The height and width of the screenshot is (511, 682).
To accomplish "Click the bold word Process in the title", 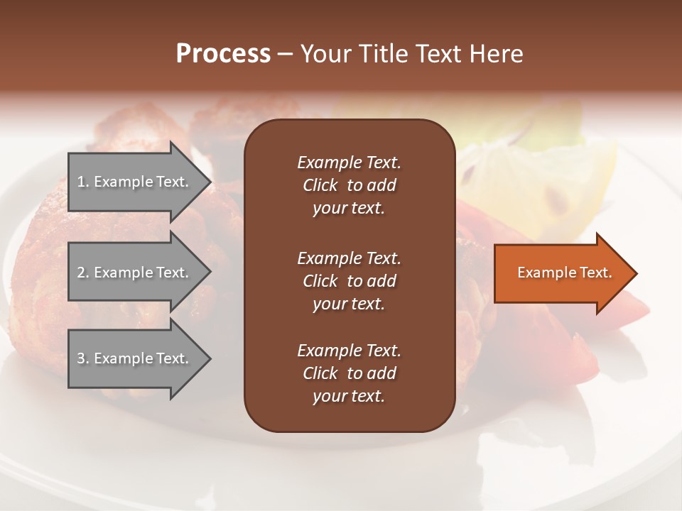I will click(223, 54).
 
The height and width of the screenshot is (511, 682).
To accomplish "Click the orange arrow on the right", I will click(561, 273).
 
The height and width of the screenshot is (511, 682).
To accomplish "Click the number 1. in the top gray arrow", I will click(82, 182).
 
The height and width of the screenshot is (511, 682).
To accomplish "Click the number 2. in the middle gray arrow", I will click(82, 273).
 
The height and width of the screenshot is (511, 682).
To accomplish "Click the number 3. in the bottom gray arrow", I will click(82, 358).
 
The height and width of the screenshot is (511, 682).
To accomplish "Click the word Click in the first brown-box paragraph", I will click(320, 185).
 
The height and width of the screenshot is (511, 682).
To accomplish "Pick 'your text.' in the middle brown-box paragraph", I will click(349, 304).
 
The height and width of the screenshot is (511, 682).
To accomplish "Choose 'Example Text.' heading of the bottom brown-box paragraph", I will click(349, 351).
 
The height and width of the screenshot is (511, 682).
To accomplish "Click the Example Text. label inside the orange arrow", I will click(565, 273).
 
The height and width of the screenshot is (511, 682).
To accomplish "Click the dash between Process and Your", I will click(285, 54).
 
